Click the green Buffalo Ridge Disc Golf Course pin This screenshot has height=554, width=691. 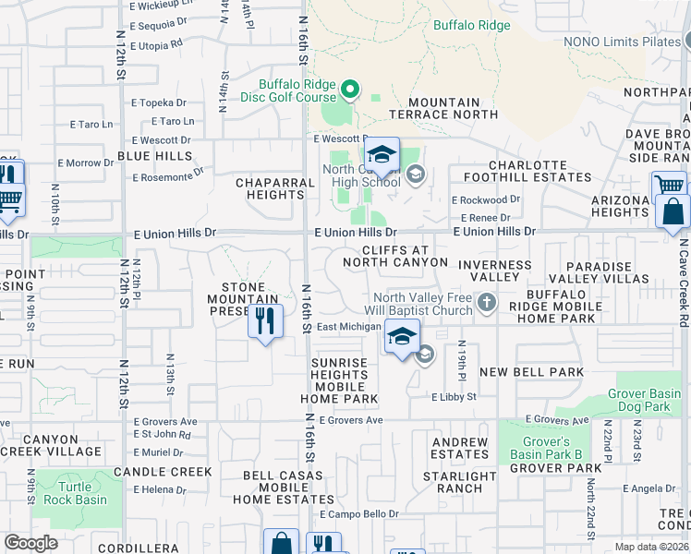[x=350, y=90]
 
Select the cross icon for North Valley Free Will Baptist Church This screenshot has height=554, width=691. [x=485, y=302]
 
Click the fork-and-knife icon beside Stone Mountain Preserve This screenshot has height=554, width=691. [x=265, y=321]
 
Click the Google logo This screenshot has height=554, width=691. [x=30, y=542]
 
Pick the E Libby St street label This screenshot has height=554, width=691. [x=453, y=396]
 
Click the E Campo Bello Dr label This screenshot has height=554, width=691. [x=358, y=513]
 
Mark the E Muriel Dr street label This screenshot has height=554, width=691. [x=159, y=452]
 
